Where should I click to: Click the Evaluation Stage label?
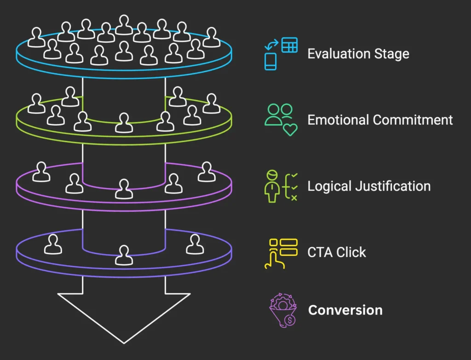tap(358, 53)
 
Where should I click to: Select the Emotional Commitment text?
tap(380, 120)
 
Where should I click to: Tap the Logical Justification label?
tap(369, 186)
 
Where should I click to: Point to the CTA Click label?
tap(337, 252)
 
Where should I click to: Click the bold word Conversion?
tap(345, 310)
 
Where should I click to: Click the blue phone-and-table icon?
tap(281, 53)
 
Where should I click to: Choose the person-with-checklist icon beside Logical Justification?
tap(281, 186)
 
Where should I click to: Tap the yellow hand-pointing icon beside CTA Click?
tap(281, 253)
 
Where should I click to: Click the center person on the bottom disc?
tap(124, 255)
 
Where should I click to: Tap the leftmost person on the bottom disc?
tap(53, 244)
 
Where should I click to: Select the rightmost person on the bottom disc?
tap(195, 244)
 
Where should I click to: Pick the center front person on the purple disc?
tap(124, 189)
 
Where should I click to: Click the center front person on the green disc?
tap(124, 123)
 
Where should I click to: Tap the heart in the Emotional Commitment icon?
tap(290, 129)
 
